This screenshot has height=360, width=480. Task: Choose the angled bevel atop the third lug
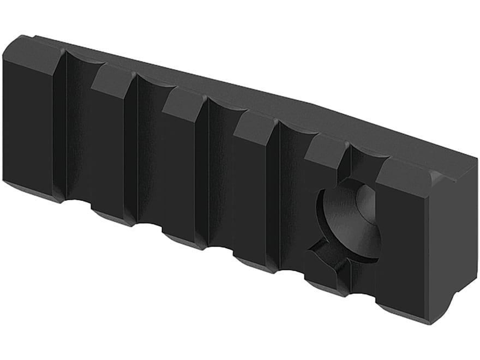tap(183, 104)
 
